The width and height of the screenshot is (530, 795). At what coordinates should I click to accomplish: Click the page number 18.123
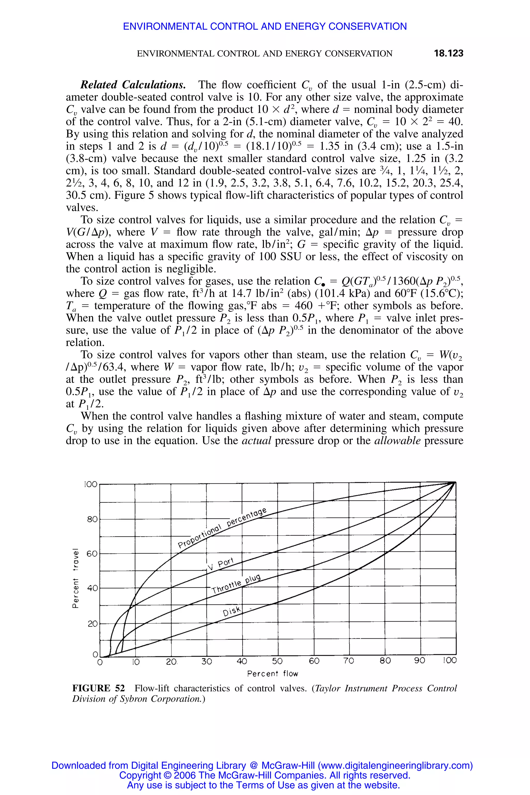(448, 53)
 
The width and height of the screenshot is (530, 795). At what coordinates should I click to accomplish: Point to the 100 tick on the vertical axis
(90, 485)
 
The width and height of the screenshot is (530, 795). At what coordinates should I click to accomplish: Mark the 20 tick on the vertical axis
(92, 624)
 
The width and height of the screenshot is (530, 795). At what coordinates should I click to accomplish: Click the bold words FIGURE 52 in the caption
(98, 689)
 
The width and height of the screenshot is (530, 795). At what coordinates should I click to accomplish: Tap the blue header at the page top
(265, 26)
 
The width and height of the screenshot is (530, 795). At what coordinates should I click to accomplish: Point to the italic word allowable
(397, 441)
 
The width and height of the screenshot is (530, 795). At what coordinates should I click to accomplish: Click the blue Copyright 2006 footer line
(265, 775)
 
